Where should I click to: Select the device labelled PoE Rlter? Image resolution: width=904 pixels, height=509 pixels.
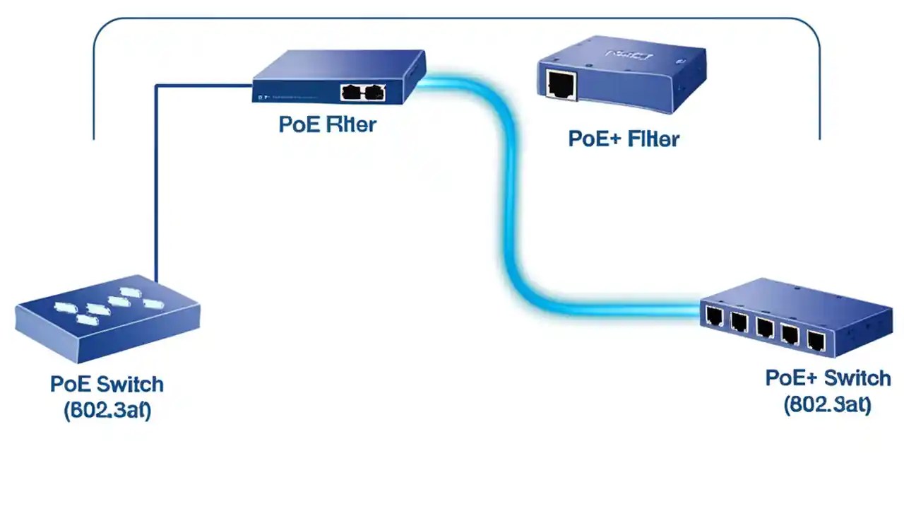pos(339,76)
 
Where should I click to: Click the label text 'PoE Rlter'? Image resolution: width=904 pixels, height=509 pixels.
pos(328,124)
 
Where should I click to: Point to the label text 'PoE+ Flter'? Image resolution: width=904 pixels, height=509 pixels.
pos(623,139)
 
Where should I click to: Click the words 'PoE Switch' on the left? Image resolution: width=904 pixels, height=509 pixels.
pos(107,385)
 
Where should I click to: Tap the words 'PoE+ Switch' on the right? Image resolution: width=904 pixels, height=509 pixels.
pos(828,378)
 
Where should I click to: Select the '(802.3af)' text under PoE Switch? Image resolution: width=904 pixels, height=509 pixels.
pos(107,411)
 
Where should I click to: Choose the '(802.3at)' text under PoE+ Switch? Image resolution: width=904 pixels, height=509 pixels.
pos(827,405)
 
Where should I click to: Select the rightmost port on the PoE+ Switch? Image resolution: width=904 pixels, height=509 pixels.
pos(816,341)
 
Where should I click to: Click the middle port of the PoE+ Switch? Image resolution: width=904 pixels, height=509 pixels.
pos(764,328)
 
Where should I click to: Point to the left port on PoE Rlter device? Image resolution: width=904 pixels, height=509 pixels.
pos(352,92)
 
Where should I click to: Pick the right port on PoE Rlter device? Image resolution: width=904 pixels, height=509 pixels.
pos(374,92)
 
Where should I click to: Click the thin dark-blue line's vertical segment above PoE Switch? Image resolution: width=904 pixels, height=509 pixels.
pos(155,184)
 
